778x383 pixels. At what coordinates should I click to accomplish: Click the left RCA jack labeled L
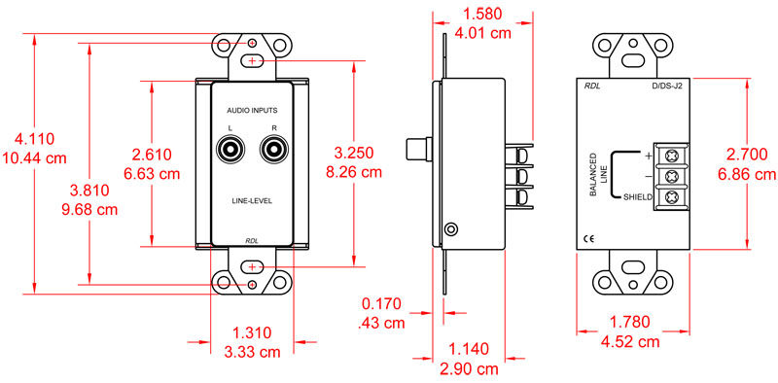(232, 151)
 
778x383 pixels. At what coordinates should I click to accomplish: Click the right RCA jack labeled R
(273, 151)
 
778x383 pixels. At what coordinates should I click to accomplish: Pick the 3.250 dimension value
(355, 154)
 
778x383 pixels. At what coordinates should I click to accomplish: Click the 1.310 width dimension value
(252, 332)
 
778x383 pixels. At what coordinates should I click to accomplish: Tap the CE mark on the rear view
(588, 238)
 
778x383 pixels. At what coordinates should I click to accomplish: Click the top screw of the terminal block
(671, 156)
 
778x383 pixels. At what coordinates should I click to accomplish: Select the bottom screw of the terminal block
(671, 196)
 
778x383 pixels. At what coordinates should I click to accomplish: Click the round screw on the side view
(449, 230)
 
